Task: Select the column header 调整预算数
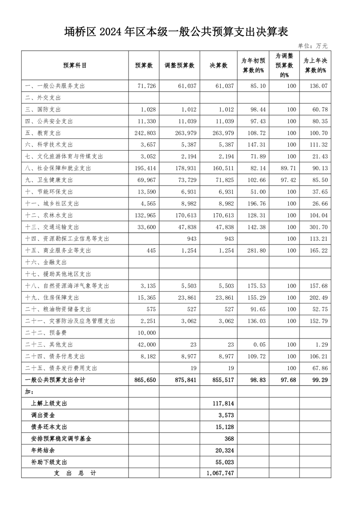[179, 65]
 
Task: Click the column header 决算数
[218, 65]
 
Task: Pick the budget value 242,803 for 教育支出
[144, 133]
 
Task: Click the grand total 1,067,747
[220, 473]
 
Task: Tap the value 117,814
[223, 403]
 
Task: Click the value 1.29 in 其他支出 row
[321, 345]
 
